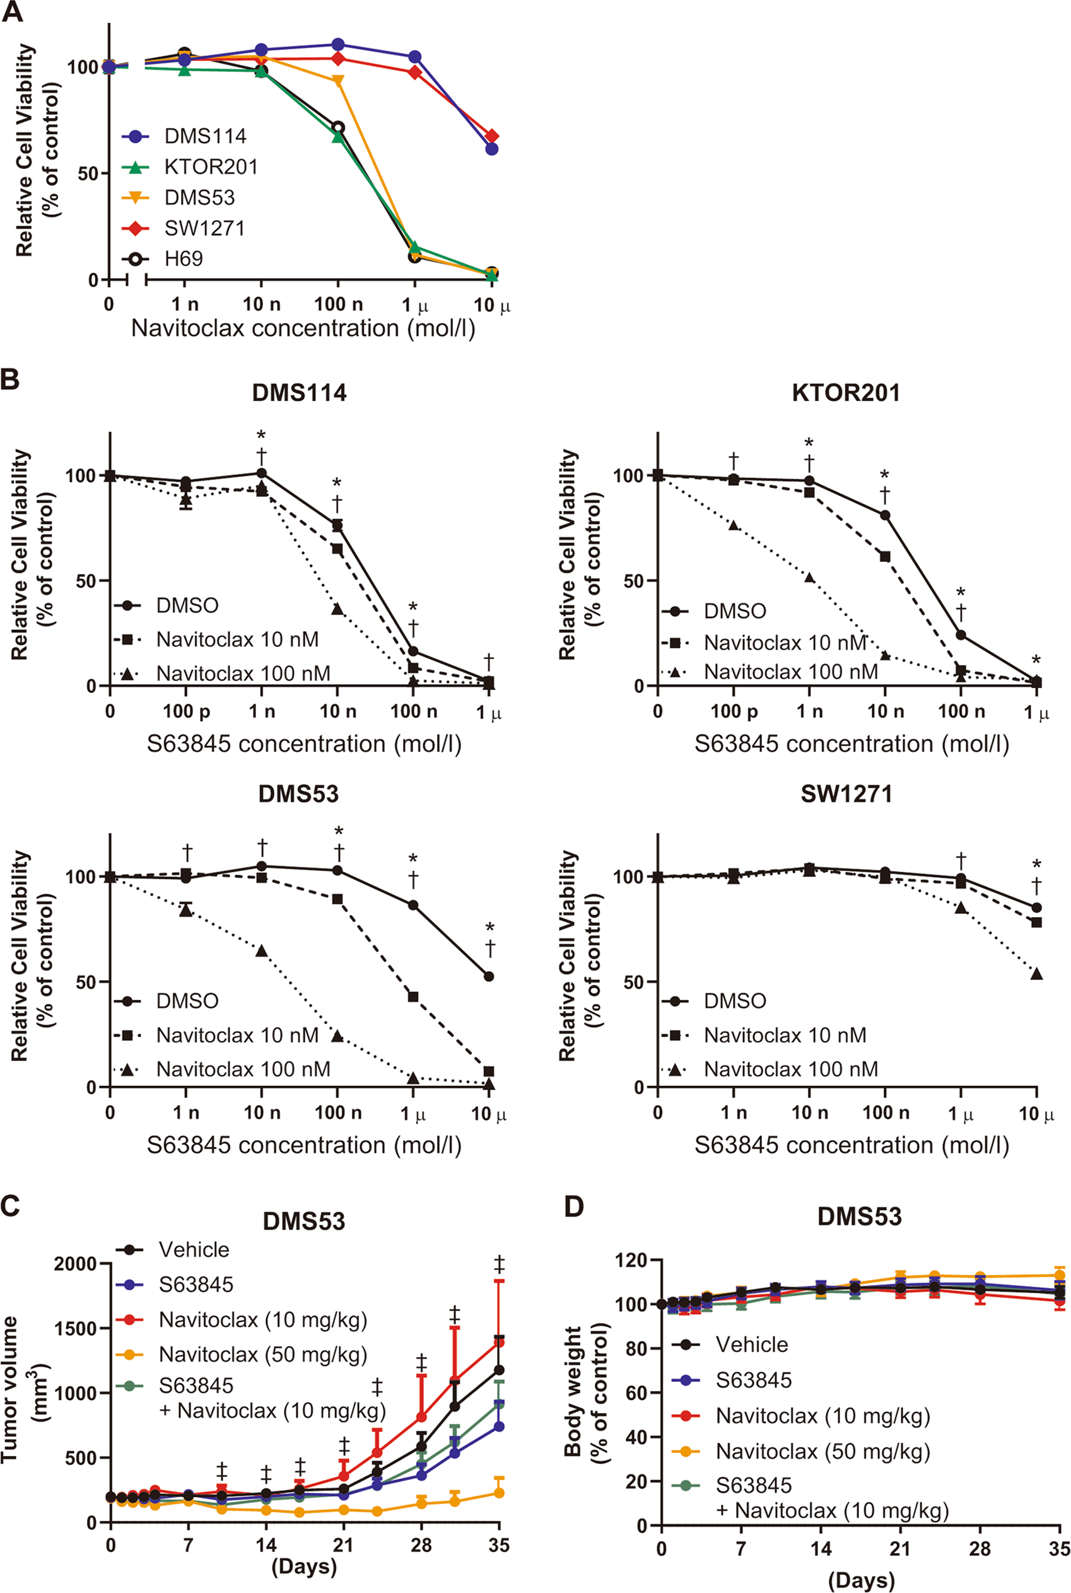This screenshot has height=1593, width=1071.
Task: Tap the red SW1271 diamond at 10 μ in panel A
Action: pyautogui.click(x=492, y=137)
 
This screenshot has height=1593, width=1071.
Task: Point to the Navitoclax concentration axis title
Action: pyautogui.click(x=303, y=329)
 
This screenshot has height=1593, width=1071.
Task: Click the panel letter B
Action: pyautogui.click(x=10, y=380)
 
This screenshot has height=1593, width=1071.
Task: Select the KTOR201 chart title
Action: pyautogui.click(x=846, y=394)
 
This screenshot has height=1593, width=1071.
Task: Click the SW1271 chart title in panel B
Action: pyautogui.click(x=846, y=794)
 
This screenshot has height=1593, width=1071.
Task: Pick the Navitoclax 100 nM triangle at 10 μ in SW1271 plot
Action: pyautogui.click(x=1036, y=974)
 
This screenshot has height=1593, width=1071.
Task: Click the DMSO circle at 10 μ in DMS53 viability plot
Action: pyautogui.click(x=488, y=976)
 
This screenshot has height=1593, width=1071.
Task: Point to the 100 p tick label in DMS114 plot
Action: pyautogui.click(x=186, y=712)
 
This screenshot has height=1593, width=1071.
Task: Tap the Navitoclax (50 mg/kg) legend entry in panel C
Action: pyautogui.click(x=262, y=1355)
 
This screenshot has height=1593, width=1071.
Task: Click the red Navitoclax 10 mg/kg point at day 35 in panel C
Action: pyautogui.click(x=500, y=1343)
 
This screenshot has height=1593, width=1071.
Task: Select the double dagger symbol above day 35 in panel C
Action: pyautogui.click(x=500, y=1264)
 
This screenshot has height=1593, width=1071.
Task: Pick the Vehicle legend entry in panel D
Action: pyautogui.click(x=751, y=1345)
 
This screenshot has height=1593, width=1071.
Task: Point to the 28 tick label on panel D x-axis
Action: pyautogui.click(x=980, y=1548)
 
